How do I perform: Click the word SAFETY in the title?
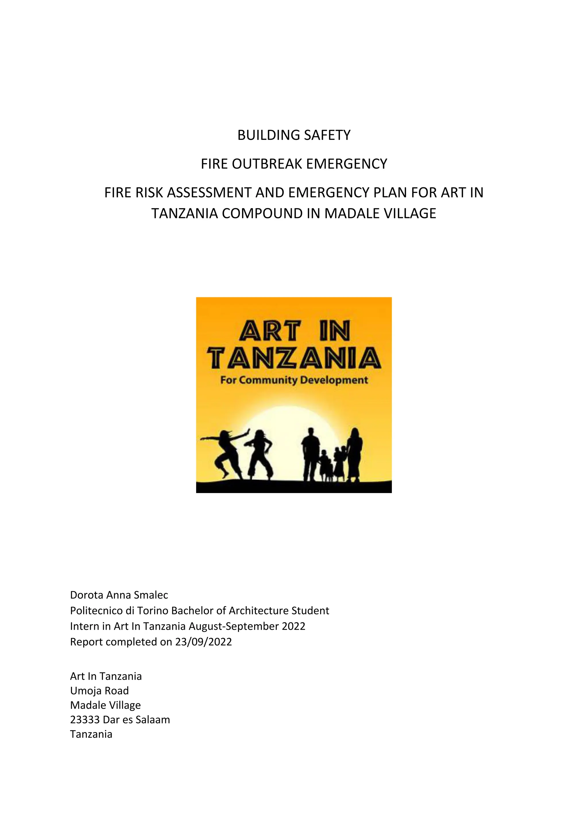click(327, 135)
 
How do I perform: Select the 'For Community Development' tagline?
click(294, 380)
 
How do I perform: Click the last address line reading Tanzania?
click(91, 734)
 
